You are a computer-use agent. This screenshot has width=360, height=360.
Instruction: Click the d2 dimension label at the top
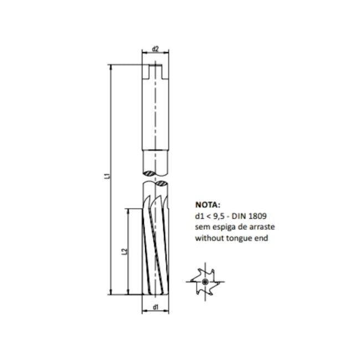(x=156, y=49)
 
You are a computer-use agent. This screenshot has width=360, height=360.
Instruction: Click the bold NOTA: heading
(x=207, y=204)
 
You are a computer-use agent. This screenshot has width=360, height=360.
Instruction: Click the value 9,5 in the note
(x=218, y=216)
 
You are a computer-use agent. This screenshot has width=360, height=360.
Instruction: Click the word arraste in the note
(x=264, y=227)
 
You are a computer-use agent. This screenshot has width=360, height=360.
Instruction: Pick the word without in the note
(x=208, y=238)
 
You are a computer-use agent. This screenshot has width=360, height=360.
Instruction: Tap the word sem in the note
(x=200, y=228)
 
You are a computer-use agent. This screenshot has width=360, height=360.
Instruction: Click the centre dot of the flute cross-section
(x=205, y=282)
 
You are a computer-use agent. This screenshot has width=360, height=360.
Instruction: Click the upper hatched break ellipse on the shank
(x=150, y=174)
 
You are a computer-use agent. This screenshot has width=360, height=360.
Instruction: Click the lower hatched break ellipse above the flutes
(x=162, y=182)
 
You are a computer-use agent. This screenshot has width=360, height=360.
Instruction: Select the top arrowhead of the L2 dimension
(x=129, y=211)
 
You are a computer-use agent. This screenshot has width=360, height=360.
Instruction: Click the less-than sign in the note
(x=207, y=217)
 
